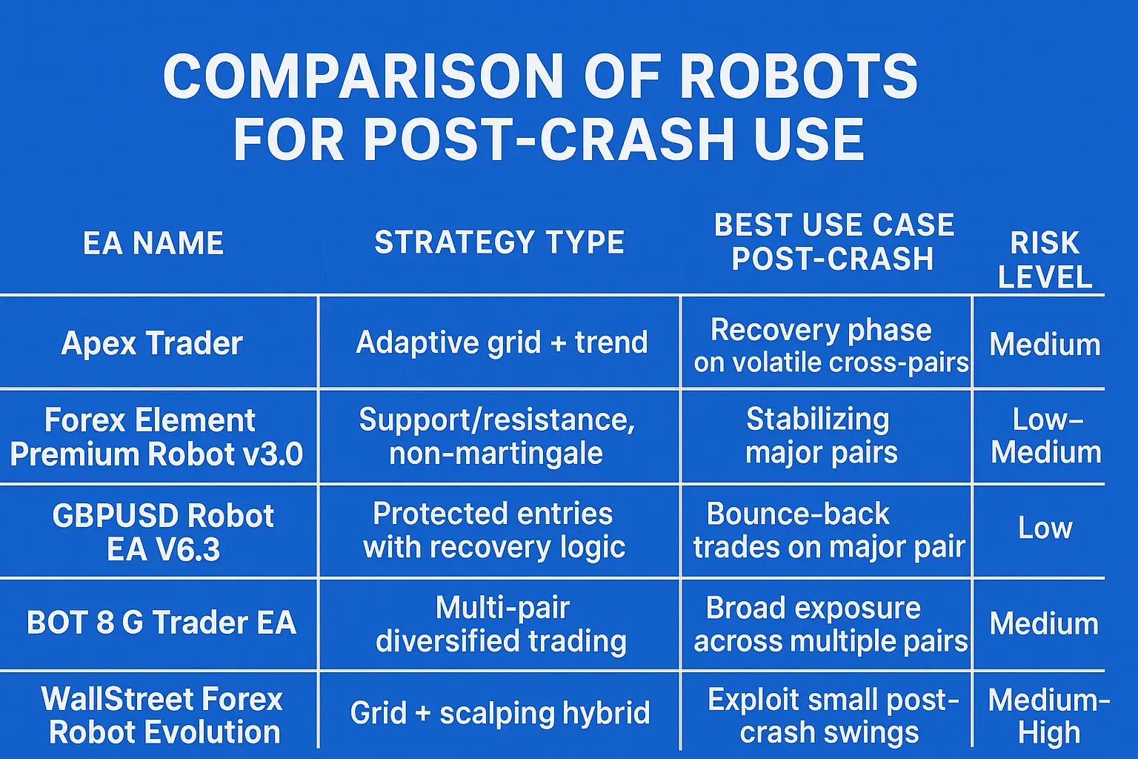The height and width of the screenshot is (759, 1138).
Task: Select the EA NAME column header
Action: [153, 243]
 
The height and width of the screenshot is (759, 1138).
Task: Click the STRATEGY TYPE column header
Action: [499, 242]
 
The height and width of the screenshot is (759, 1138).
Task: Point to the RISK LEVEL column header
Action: [1045, 259]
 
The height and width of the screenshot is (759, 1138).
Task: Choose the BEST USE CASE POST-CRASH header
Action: [833, 242]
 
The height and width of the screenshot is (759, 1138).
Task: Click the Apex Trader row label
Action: [152, 343]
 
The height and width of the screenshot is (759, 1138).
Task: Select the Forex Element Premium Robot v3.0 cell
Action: [156, 437]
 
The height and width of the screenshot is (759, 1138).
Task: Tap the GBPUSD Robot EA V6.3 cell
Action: [163, 532]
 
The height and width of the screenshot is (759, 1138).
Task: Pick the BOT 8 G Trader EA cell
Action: [162, 623]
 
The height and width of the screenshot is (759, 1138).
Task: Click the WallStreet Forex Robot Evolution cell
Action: [163, 715]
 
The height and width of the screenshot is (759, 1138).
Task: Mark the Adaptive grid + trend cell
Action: [502, 342]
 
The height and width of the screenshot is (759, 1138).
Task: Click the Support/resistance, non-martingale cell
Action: [497, 436]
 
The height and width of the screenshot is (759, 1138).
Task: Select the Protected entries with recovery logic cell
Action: [494, 530]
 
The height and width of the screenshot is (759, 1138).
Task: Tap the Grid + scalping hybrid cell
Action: [500, 713]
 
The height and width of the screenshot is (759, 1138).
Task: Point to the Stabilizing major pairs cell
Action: [820, 436]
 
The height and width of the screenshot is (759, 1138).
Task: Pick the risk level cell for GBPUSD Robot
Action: [1045, 528]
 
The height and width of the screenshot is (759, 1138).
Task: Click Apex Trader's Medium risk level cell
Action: [1045, 345]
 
